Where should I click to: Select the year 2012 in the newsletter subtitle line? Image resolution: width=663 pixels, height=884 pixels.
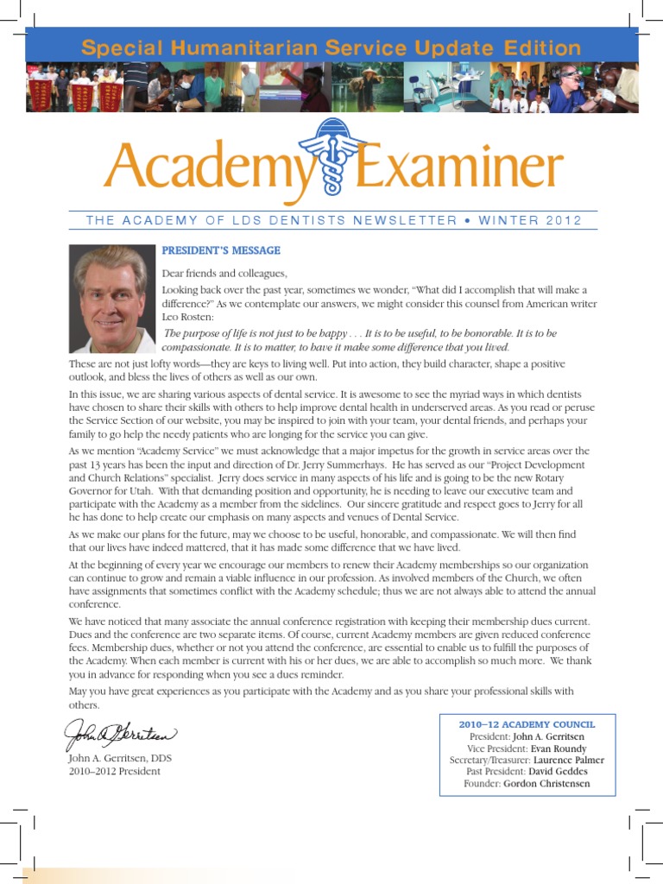[x=564, y=220]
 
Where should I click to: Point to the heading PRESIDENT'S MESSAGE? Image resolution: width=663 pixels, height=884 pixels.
[x=221, y=250]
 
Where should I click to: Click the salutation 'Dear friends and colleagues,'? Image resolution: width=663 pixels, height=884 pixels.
[x=224, y=274]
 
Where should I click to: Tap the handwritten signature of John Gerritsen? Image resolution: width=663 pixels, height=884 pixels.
[x=121, y=735]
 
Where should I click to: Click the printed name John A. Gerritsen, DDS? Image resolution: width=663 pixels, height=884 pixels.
[x=125, y=758]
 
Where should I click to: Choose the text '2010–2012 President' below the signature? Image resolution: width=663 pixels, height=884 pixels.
[x=115, y=771]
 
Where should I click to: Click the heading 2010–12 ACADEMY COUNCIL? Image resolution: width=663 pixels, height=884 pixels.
[x=527, y=724]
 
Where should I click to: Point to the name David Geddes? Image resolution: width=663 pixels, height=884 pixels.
[x=559, y=772]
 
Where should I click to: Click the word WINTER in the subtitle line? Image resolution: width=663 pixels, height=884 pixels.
[x=505, y=220]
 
